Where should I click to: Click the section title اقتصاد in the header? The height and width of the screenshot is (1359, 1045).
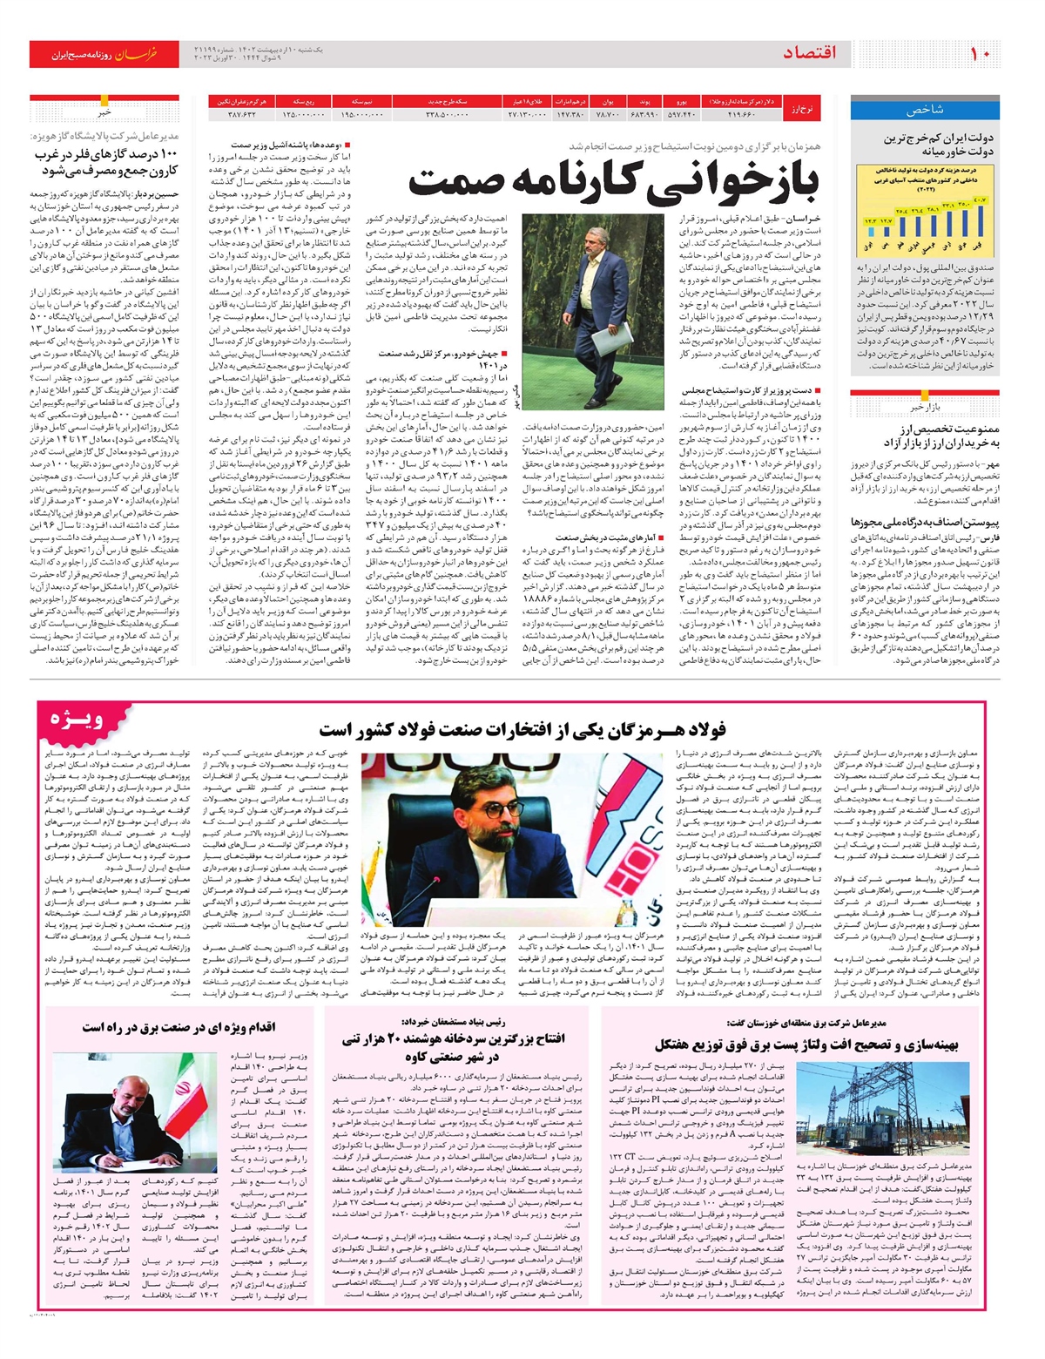809,54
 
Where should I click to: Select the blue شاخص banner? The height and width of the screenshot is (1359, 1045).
925,111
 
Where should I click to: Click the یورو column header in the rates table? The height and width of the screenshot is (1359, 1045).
682,101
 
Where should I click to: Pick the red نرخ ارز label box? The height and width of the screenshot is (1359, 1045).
800,108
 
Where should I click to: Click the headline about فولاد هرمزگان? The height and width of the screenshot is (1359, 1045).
522,729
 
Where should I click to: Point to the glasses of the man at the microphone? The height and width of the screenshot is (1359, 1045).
494,809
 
